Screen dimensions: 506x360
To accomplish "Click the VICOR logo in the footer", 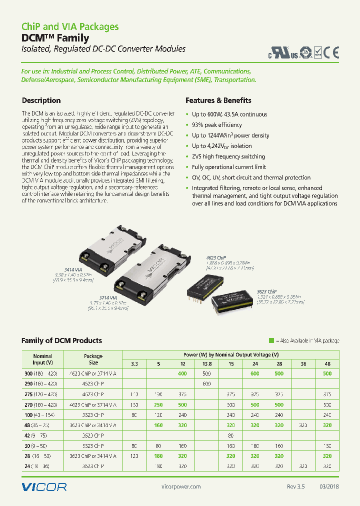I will tap(44, 486).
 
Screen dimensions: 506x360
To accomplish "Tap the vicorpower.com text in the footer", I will tap(182, 487).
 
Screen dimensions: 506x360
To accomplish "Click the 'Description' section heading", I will tap(41, 100).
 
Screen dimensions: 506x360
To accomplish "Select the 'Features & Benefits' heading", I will tap(218, 100).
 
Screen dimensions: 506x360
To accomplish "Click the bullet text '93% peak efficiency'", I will tap(216, 125).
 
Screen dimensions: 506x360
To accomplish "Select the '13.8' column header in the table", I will tap(206, 363).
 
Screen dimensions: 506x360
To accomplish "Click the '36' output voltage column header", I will tap(303, 363).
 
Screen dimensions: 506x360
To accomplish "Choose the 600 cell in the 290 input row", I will tap(206, 383).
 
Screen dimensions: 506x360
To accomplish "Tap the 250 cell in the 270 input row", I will tap(158, 404).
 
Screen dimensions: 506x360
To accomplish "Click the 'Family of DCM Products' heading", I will tap(61, 340).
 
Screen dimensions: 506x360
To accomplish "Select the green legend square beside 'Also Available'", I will tap(271, 340).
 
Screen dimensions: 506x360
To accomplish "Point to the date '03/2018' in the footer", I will tap(328, 487).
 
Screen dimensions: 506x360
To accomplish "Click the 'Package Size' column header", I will tap(93, 359).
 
